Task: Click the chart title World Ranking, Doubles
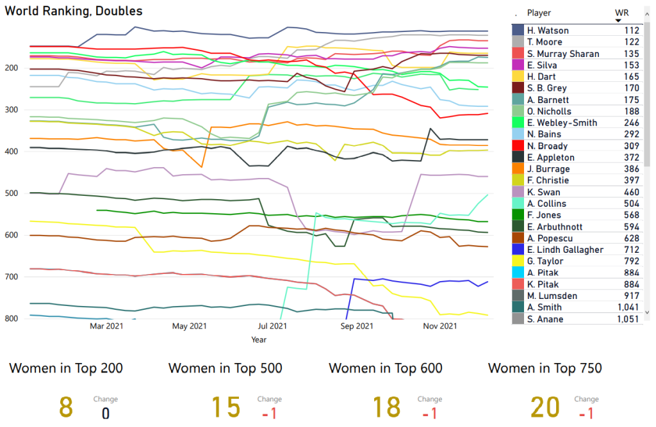click(74, 11)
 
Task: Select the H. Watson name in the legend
click(548, 31)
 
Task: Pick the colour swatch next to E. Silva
click(518, 65)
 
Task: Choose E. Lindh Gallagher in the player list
click(565, 250)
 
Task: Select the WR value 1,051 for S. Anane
click(627, 319)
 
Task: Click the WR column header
click(621, 13)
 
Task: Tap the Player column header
click(539, 13)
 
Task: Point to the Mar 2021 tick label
click(106, 326)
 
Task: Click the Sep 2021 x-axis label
click(356, 326)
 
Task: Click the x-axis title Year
click(259, 339)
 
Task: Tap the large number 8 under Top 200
click(65, 408)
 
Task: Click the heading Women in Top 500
click(225, 368)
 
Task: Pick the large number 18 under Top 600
click(386, 408)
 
